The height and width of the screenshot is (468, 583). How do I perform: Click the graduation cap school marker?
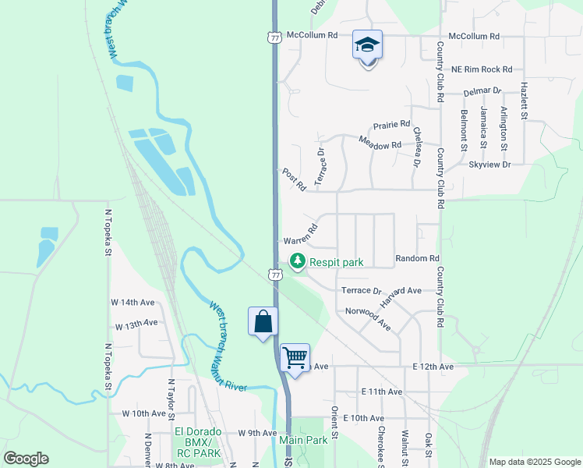[367, 45]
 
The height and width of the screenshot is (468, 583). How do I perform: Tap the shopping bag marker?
[263, 321]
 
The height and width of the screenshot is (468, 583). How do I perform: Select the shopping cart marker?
[295, 357]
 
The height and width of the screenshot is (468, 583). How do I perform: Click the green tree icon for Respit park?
[297, 262]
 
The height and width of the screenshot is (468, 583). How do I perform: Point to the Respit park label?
[337, 263]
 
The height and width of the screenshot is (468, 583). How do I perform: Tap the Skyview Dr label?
[489, 165]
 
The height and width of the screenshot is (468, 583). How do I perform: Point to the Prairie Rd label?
[391, 124]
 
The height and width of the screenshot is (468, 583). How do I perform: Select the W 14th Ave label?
[132, 302]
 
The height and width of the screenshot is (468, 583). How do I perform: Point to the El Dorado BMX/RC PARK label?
[198, 441]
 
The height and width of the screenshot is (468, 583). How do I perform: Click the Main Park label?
[303, 440]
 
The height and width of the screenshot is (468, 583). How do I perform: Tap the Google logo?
[26, 459]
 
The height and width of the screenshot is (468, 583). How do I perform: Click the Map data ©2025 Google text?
[534, 462]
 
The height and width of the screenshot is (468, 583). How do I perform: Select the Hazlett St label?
[525, 102]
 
